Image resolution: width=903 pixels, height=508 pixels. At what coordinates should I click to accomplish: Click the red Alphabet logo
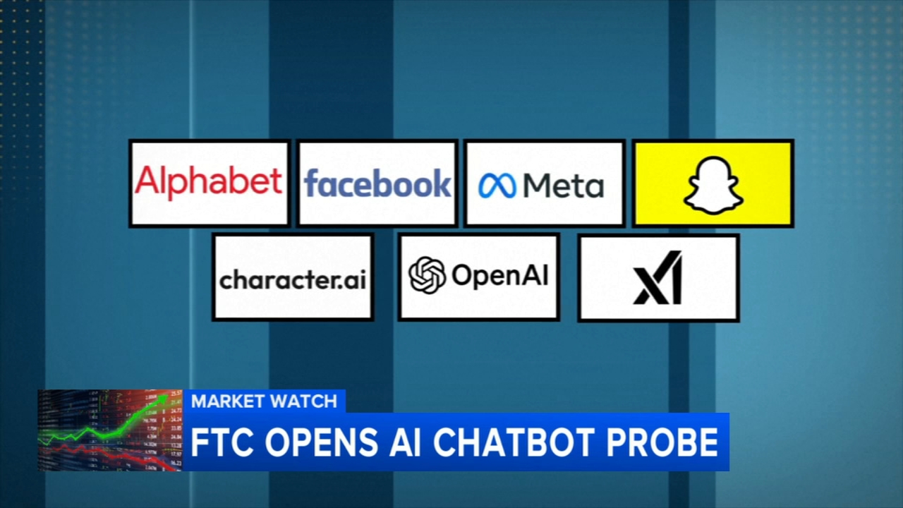(x=209, y=182)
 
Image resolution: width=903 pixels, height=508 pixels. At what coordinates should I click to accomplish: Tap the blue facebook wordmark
(x=377, y=183)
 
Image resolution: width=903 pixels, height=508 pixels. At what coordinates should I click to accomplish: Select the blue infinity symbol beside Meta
(x=497, y=186)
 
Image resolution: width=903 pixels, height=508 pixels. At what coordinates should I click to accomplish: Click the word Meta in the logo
(x=564, y=186)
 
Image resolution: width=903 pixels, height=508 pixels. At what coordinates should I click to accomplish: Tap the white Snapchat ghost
(x=713, y=185)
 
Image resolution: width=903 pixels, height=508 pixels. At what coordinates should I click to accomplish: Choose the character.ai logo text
(x=293, y=280)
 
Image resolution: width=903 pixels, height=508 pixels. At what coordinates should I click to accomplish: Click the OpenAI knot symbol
(x=428, y=275)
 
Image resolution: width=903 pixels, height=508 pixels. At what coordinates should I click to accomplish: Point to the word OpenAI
(x=499, y=276)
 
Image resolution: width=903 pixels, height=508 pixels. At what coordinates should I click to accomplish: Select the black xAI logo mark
(x=658, y=277)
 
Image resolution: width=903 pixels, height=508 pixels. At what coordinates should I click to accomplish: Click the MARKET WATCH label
(x=264, y=401)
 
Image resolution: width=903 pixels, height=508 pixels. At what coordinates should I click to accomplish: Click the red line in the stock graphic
(x=106, y=452)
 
